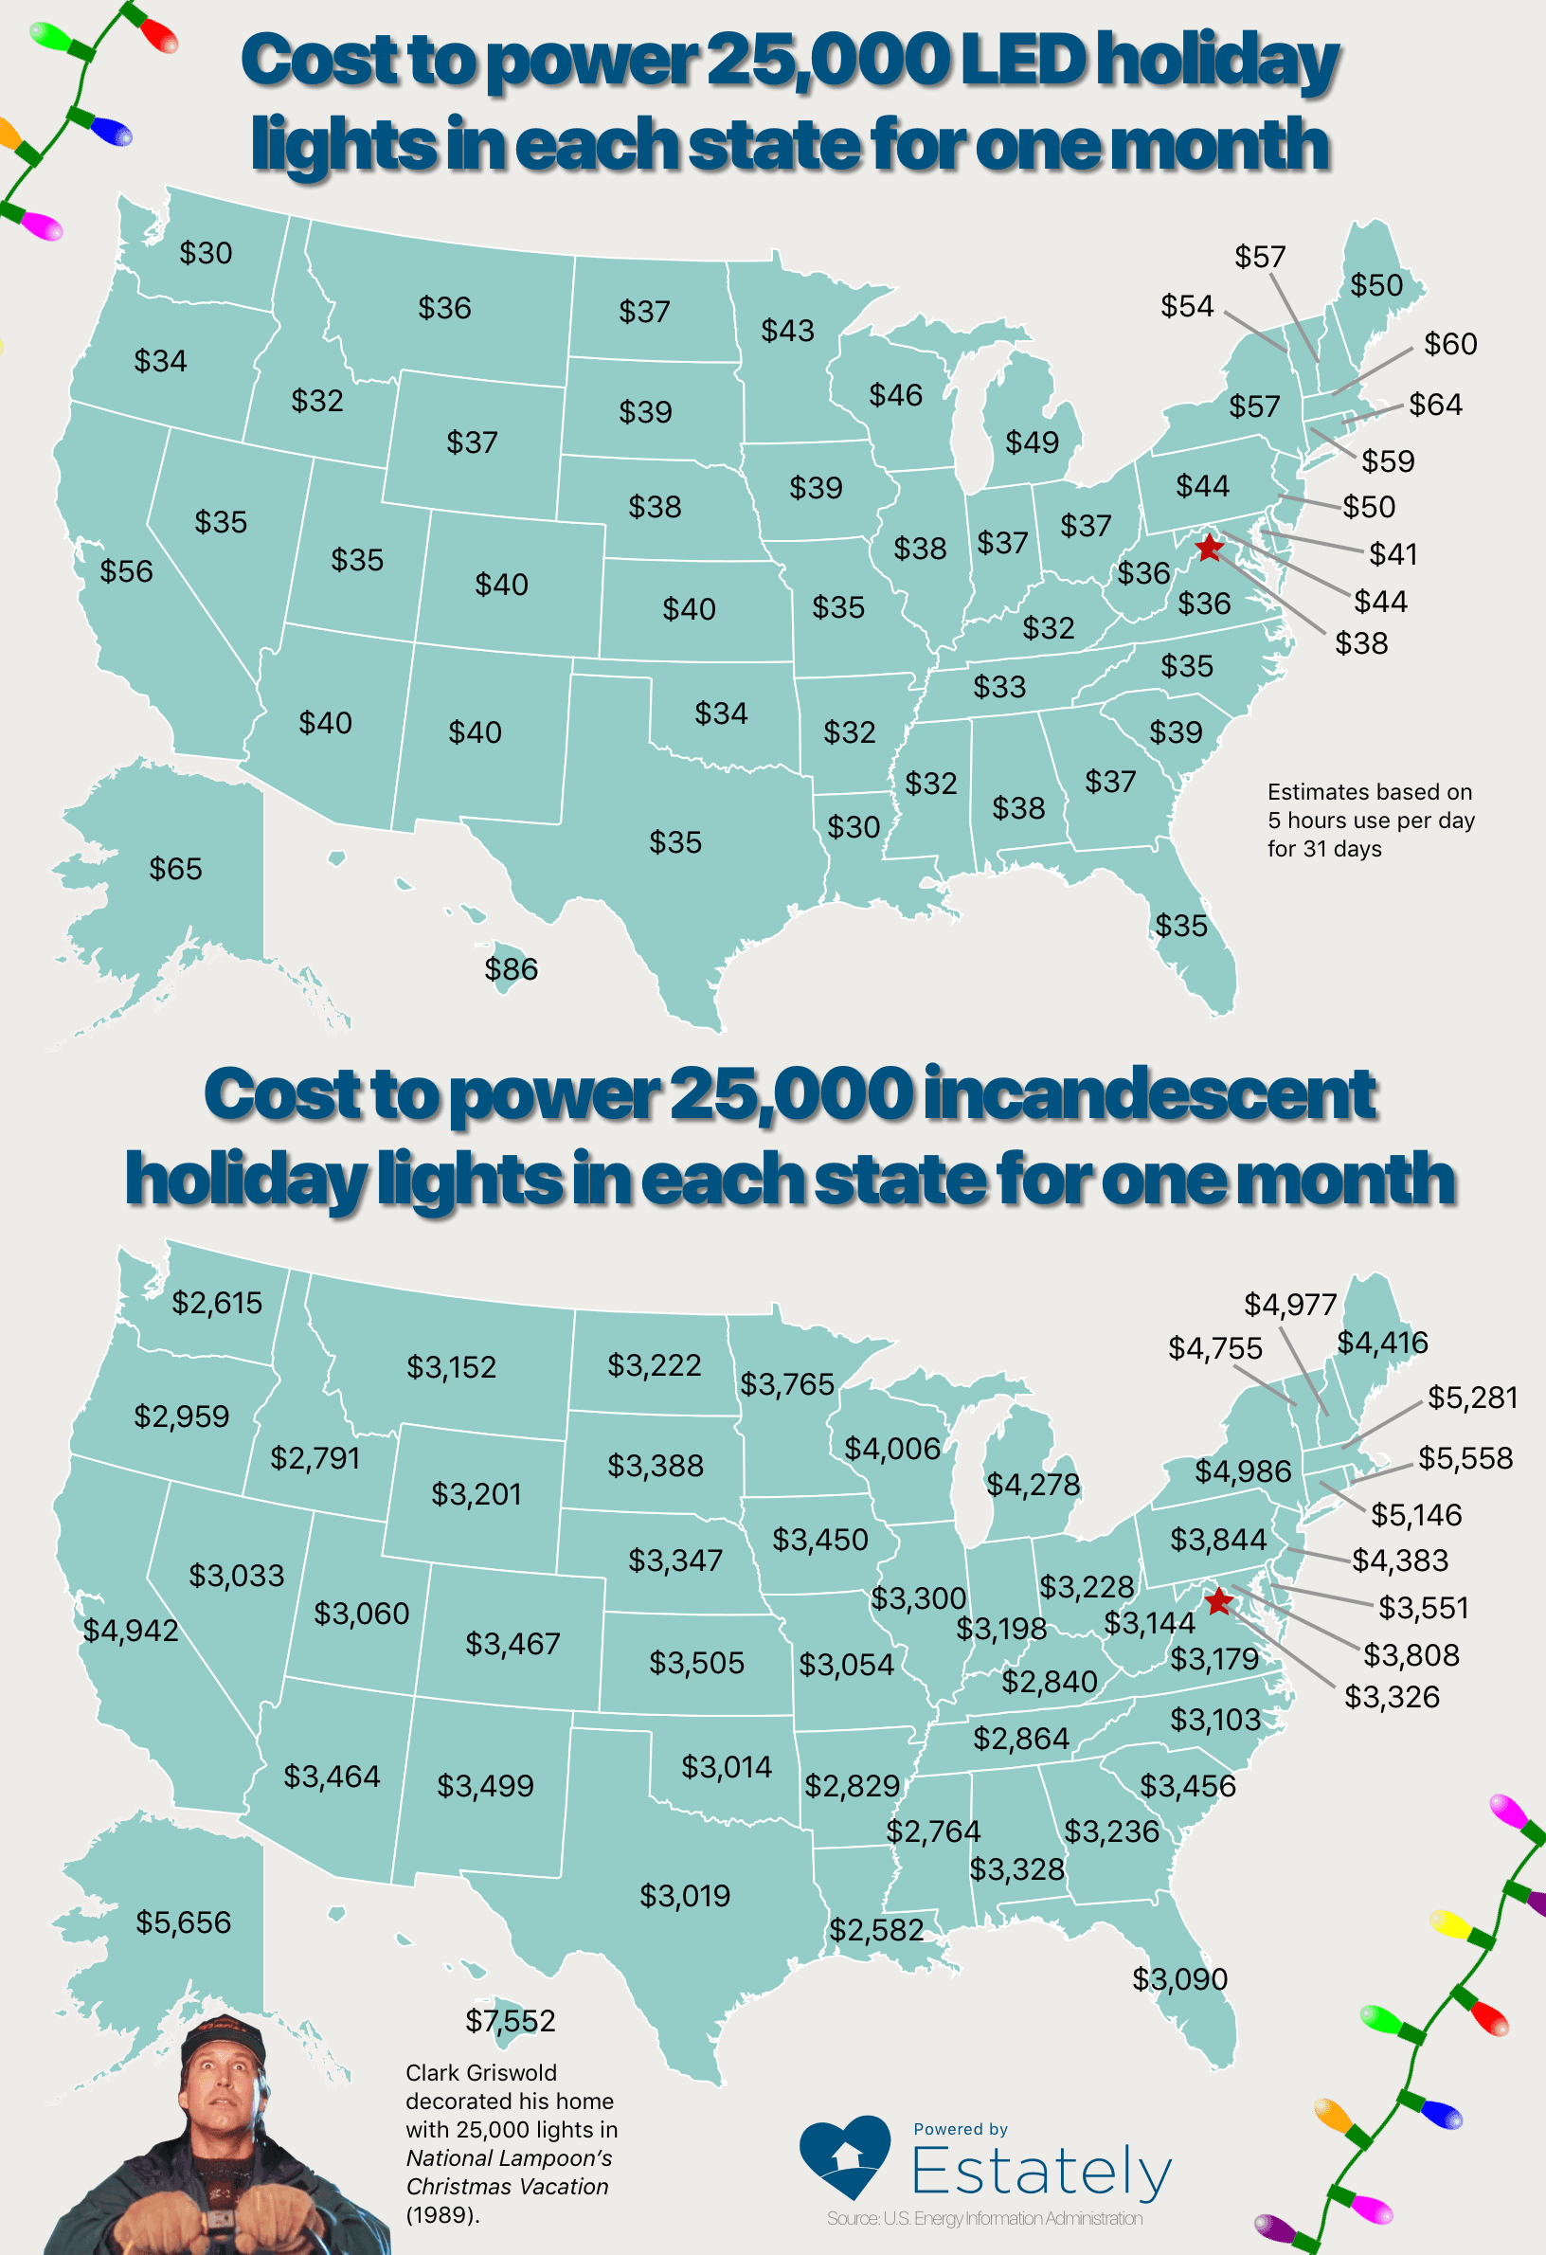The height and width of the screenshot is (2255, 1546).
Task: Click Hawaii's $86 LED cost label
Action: (512, 968)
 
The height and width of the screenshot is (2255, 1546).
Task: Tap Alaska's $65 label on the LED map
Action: (175, 869)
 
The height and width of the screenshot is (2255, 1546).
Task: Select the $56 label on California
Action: (126, 570)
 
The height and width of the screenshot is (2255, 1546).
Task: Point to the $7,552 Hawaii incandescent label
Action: (511, 2020)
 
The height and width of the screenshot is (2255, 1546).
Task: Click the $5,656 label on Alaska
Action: (184, 1922)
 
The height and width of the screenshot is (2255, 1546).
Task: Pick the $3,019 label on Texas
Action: (685, 1895)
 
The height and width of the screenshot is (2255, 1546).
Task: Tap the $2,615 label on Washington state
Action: (217, 1302)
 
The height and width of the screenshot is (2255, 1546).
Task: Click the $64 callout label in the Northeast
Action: (1435, 404)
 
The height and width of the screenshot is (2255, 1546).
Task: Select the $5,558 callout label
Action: (1465, 1457)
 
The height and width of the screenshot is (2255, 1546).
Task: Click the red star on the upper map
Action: (1209, 549)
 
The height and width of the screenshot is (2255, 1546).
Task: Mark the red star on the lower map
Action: (1218, 1601)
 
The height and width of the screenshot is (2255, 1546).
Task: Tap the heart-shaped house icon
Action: (845, 2156)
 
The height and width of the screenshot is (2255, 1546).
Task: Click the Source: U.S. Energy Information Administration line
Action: (984, 2218)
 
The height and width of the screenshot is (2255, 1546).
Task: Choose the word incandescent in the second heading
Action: (1149, 1093)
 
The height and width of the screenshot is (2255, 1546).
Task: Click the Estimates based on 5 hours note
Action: (1370, 820)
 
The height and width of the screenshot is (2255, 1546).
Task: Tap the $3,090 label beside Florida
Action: (1179, 1978)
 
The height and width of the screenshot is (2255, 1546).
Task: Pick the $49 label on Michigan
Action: (1032, 442)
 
